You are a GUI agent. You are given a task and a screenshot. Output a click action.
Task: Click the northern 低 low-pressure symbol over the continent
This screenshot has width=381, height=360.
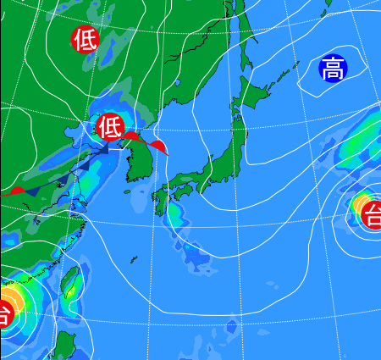pyautogui.click(x=85, y=39)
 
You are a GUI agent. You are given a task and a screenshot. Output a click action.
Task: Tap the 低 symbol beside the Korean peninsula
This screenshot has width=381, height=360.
pyautogui.click(x=109, y=128)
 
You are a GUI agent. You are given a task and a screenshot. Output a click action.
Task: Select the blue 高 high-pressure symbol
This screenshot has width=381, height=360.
pyautogui.click(x=332, y=69)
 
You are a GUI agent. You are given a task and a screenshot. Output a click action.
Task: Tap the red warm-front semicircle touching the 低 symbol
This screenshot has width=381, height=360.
pyautogui.click(x=133, y=135)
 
